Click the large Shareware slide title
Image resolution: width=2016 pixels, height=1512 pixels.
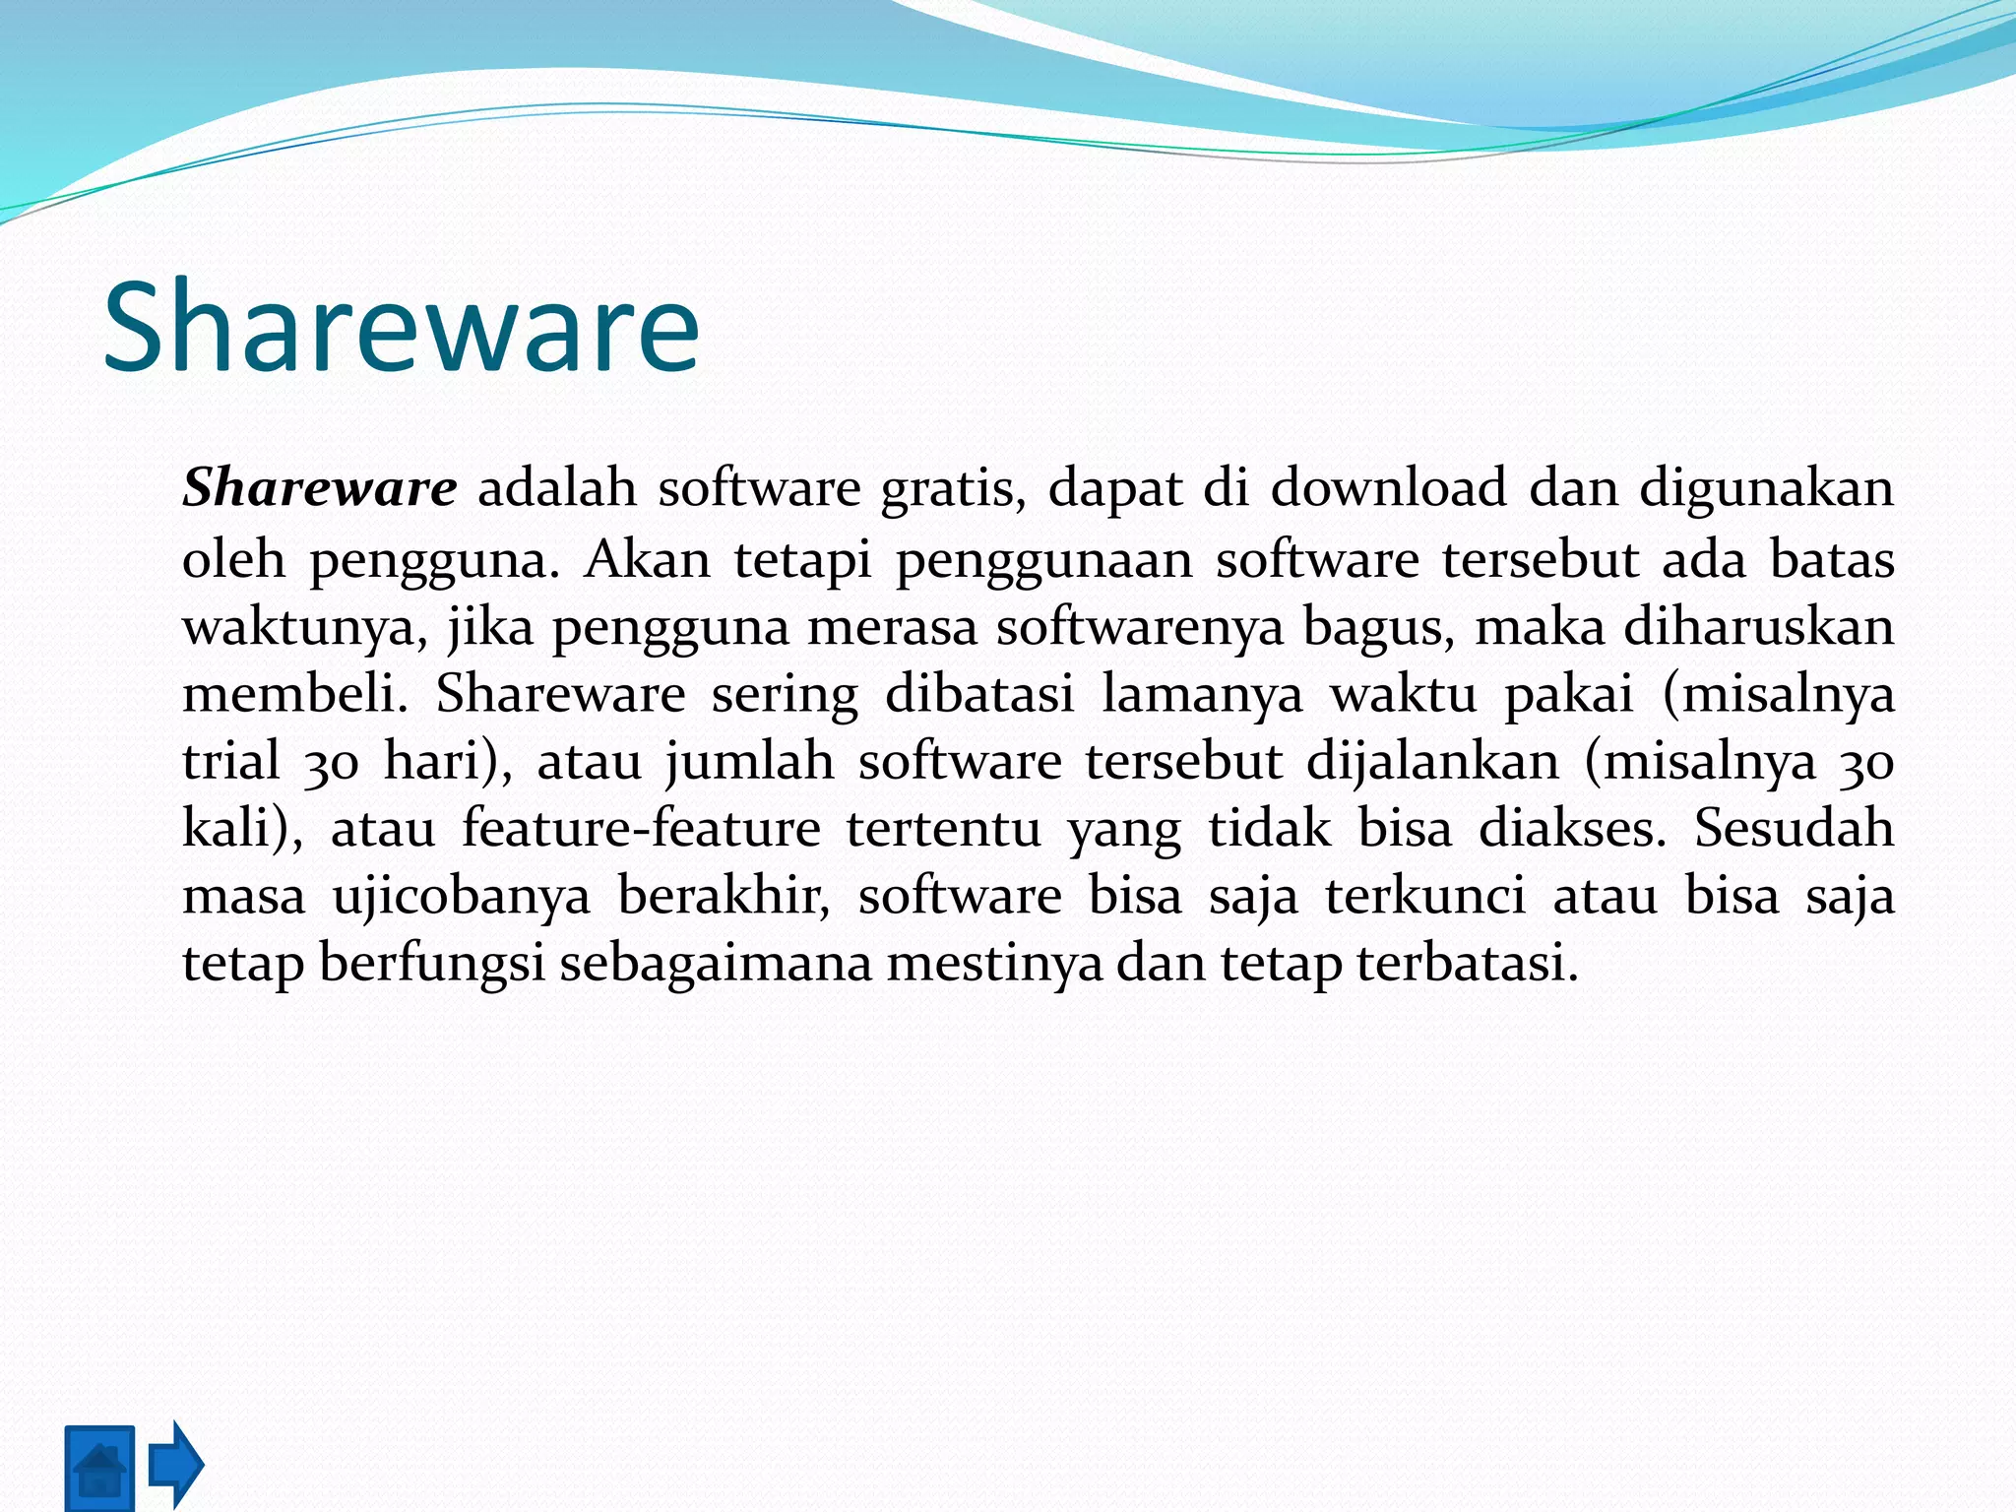(x=401, y=327)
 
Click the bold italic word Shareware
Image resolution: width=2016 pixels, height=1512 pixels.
(x=319, y=488)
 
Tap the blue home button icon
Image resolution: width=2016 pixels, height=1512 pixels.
(x=99, y=1468)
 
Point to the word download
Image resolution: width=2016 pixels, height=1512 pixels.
(x=1388, y=488)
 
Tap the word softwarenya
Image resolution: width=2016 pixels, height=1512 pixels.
(x=1140, y=628)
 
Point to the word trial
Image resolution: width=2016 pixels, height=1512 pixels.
(x=231, y=761)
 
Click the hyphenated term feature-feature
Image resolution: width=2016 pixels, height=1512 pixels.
(x=641, y=828)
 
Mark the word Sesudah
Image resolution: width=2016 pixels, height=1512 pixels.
(x=1794, y=828)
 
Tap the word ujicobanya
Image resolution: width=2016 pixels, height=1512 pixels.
(x=462, y=897)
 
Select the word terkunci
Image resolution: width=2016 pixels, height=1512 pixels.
(x=1424, y=895)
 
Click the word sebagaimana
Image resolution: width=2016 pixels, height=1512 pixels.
(x=716, y=964)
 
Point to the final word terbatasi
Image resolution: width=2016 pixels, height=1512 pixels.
(x=1468, y=963)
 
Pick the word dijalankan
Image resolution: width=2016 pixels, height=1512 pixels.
(x=1432, y=763)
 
